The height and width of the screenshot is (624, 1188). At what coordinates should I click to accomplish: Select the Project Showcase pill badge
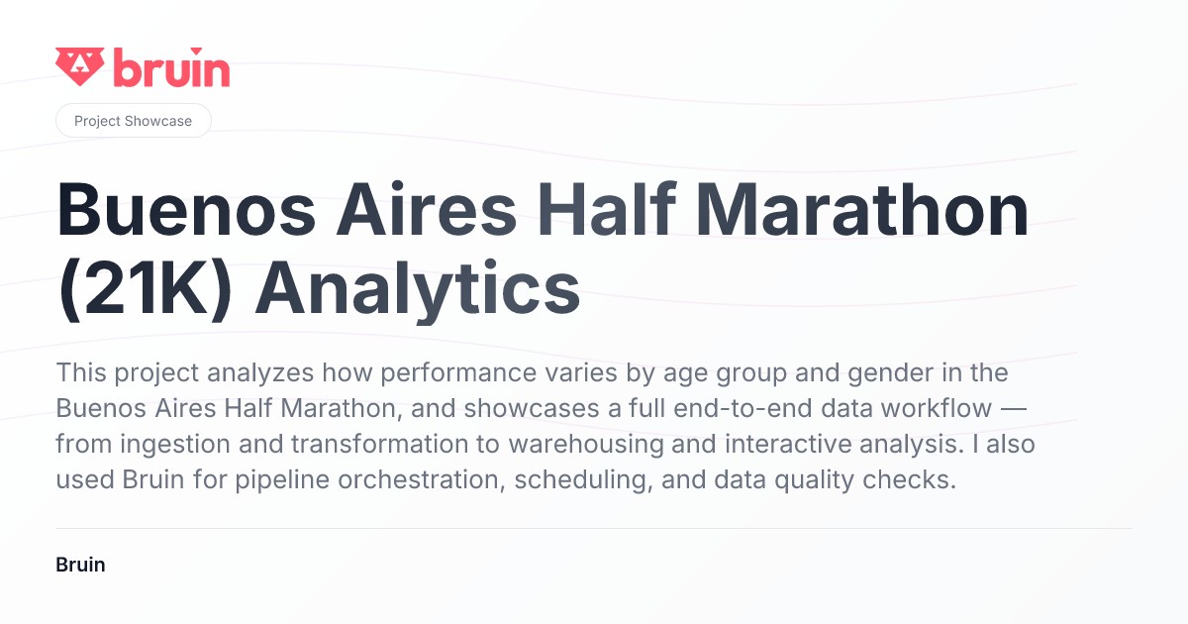133,121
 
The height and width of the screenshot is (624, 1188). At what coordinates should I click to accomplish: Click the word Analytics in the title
418,289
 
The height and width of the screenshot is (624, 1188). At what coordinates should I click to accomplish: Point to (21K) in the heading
145,289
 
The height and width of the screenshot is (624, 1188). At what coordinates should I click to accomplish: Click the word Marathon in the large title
862,210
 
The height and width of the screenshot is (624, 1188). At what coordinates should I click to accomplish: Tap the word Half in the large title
607,208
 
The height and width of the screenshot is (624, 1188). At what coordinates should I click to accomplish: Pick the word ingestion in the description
175,444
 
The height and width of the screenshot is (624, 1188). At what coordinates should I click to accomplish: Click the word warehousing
586,444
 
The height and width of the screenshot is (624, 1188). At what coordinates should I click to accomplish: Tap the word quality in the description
814,480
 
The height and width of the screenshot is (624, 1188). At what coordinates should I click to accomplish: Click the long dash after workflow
1014,409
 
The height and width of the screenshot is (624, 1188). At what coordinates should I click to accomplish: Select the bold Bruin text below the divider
80,565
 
